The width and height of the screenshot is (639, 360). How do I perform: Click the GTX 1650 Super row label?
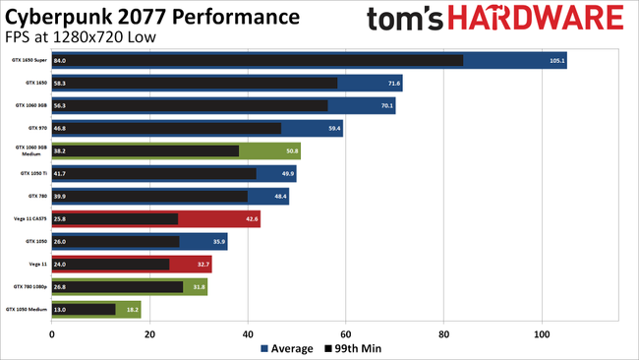click(x=29, y=61)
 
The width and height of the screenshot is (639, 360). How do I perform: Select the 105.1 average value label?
click(x=556, y=61)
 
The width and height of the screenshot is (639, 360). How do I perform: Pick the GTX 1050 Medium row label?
click(x=27, y=309)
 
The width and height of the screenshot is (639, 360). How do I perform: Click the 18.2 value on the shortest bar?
click(x=132, y=309)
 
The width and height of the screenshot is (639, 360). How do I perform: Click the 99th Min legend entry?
click(x=352, y=348)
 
